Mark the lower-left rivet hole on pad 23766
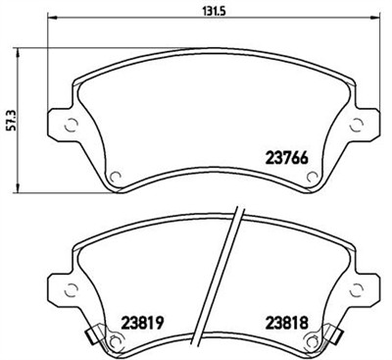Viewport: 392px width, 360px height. (115, 178)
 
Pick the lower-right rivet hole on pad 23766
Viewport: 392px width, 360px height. (312, 178)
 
